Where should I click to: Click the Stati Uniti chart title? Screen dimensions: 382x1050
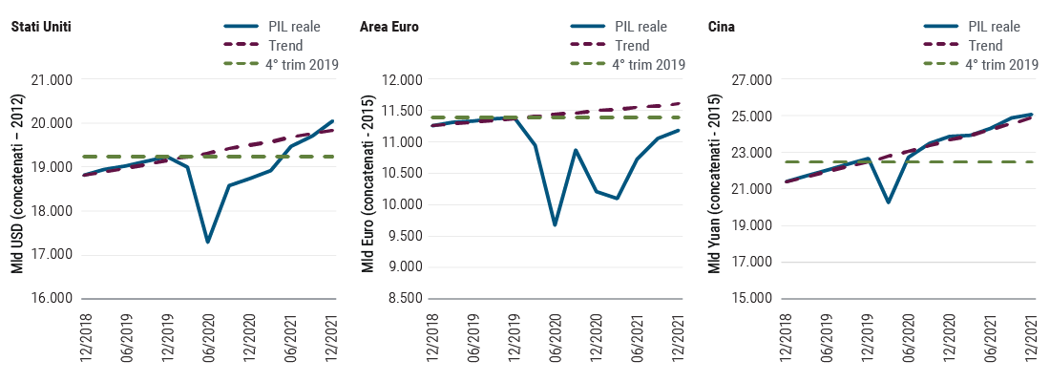[41, 27]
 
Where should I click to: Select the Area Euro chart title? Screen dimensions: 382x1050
[388, 27]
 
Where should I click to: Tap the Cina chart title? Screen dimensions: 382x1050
[721, 27]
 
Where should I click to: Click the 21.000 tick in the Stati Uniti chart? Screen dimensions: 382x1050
[52, 80]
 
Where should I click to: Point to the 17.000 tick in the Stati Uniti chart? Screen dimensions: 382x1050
[52, 255]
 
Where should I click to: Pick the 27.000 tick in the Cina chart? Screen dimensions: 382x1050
[749, 80]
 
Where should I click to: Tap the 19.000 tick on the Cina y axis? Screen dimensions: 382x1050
[749, 226]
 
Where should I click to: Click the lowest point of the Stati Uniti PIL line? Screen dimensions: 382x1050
[207, 243]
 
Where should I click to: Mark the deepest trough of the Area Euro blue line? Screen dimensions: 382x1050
[555, 225]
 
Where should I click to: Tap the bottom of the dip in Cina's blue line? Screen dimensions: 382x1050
[888, 202]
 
